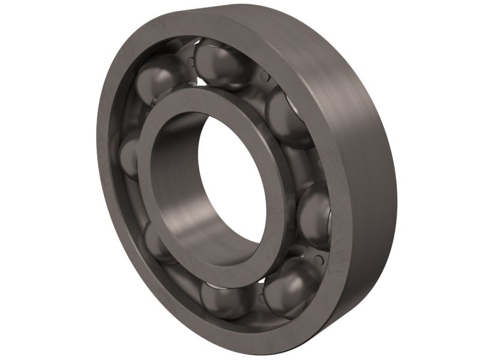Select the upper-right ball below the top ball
pyautogui.click(x=287, y=117)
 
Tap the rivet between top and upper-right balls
pyautogui.click(x=264, y=77)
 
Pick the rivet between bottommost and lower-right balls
pyautogui.click(x=259, y=298)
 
